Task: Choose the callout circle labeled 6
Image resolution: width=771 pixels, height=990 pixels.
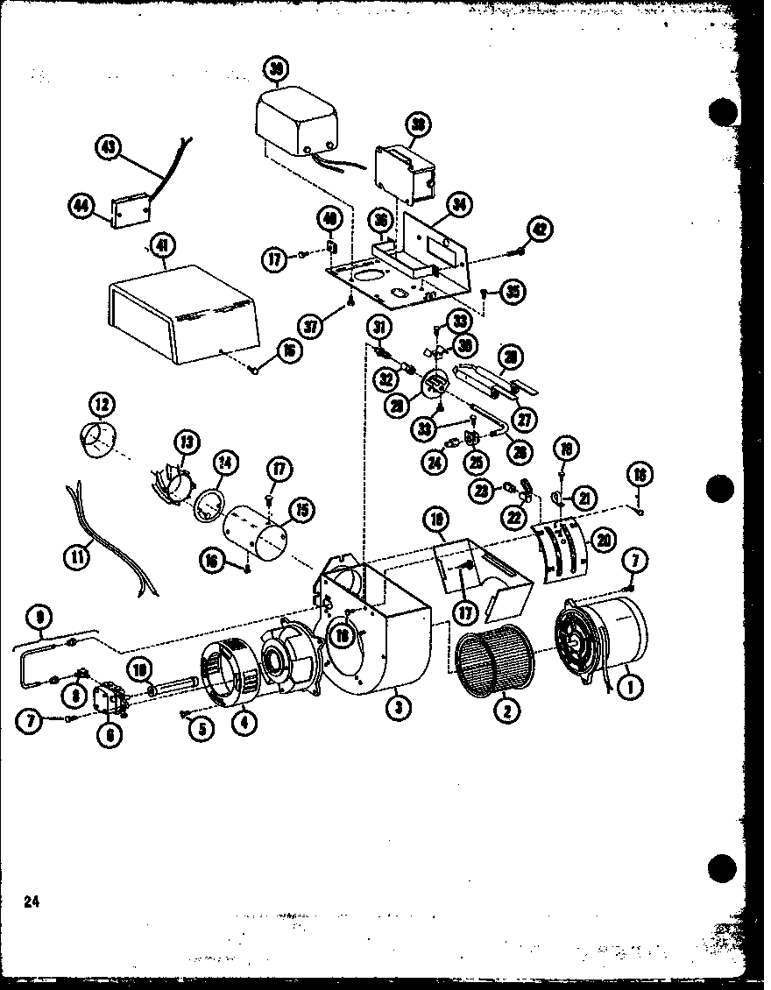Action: (x=110, y=736)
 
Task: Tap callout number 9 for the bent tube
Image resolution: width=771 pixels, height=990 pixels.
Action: (x=39, y=619)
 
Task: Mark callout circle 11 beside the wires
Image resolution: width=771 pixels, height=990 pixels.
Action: (x=77, y=555)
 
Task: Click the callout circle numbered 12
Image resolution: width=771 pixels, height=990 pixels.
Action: (x=102, y=405)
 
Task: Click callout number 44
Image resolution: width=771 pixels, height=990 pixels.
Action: (x=81, y=206)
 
